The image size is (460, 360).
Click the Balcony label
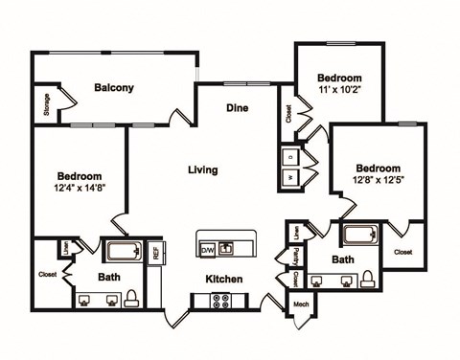pos(114,88)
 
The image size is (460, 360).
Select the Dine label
pos(237,108)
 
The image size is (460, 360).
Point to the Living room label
pos(202,169)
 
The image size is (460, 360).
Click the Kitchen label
pos(222,279)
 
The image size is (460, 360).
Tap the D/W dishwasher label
pos(208,250)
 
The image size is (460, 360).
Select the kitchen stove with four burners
pos(221,300)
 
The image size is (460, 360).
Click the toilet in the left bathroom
pos(131,298)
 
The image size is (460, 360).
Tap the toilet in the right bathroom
pos(366,278)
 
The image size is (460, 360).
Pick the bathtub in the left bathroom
pos(123,253)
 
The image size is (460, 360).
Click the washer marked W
pos(289,177)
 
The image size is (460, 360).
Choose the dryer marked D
pos(289,156)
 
